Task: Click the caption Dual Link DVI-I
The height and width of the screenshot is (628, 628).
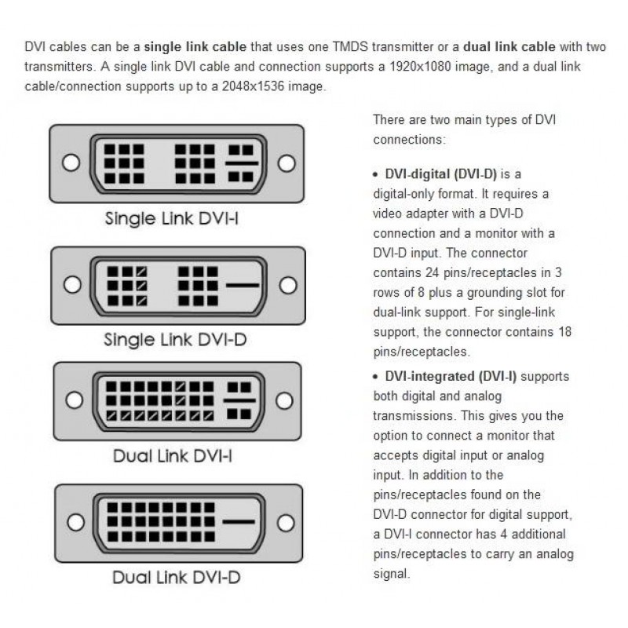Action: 172,455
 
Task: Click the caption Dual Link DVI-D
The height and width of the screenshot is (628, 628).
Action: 176,579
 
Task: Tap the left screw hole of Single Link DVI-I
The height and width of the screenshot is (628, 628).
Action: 71,162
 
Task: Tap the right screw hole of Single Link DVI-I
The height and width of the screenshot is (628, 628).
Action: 287,162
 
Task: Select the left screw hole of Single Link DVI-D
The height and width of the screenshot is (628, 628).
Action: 74,284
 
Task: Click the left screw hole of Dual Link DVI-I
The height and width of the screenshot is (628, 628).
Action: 75,400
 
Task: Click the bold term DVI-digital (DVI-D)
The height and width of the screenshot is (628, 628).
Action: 441,173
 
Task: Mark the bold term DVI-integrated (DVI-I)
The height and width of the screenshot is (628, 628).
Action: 451,376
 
